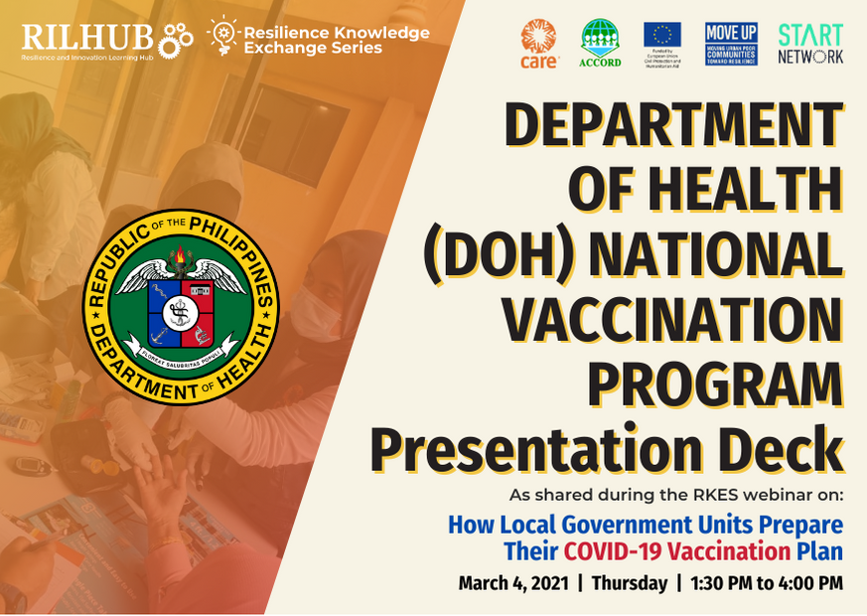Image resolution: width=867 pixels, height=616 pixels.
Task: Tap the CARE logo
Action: click(x=541, y=45)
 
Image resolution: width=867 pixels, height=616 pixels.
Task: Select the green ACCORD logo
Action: click(x=601, y=45)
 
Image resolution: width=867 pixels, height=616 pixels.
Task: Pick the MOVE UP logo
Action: click(x=731, y=44)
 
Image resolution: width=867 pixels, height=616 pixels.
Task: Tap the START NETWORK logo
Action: click(x=810, y=44)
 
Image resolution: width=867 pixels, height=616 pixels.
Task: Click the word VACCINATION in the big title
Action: click(x=671, y=320)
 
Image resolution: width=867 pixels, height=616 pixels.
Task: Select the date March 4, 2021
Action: click(x=513, y=583)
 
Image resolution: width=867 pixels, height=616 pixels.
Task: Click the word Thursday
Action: click(x=630, y=583)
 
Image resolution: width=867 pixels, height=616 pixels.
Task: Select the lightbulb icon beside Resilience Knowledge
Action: click(x=220, y=37)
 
